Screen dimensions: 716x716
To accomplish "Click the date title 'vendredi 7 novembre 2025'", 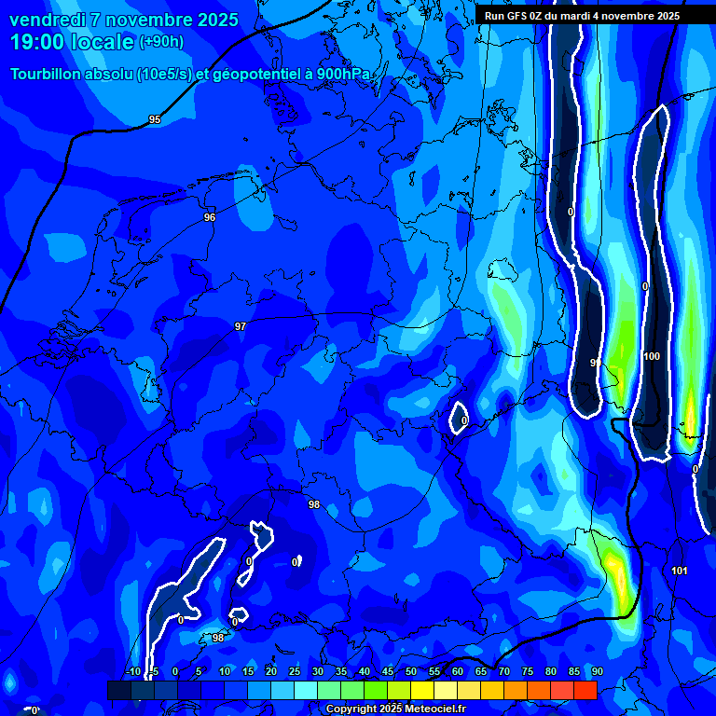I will tap(123, 20).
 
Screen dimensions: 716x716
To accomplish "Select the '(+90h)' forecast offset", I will tap(161, 42).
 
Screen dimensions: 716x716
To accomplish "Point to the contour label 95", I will tap(155, 120).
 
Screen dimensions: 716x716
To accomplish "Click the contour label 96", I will tap(210, 217).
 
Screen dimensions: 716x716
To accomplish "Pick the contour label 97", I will tap(241, 326).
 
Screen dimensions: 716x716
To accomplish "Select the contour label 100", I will tap(652, 357).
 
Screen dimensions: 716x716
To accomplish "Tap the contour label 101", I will tap(680, 571).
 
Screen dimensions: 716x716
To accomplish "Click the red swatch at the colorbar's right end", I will tap(585, 690).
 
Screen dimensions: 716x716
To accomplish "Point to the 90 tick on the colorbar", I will tap(597, 671).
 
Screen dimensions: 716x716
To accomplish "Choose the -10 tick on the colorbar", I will tap(133, 671).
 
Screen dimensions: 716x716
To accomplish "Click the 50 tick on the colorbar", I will tap(411, 671).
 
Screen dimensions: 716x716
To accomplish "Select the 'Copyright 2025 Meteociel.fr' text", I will tap(395, 709).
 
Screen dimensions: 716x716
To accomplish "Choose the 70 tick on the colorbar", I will tap(504, 671).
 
